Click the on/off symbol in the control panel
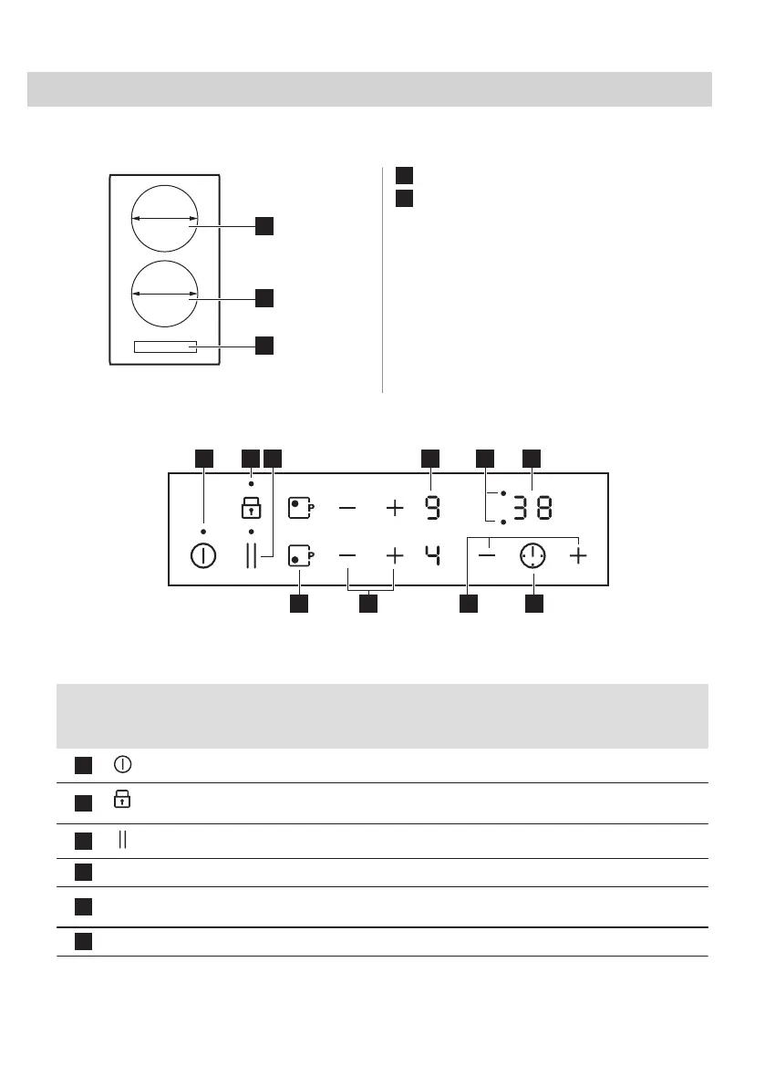tap(203, 556)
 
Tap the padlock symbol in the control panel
tap(252, 508)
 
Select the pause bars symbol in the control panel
tap(252, 556)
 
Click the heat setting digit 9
tap(430, 508)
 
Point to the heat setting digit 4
tap(430, 555)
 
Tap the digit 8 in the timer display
tap(543, 508)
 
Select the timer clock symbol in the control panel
tap(533, 556)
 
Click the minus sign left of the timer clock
tap(490, 555)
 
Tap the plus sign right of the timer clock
tap(578, 555)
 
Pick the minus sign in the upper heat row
tap(348, 508)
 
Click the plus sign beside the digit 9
tap(394, 508)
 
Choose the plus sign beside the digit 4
tap(394, 555)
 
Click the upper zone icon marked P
tap(300, 508)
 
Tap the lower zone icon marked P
tap(300, 555)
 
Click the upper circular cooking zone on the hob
tap(164, 219)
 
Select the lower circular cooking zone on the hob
tap(164, 294)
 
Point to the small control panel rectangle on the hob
tap(164, 346)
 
